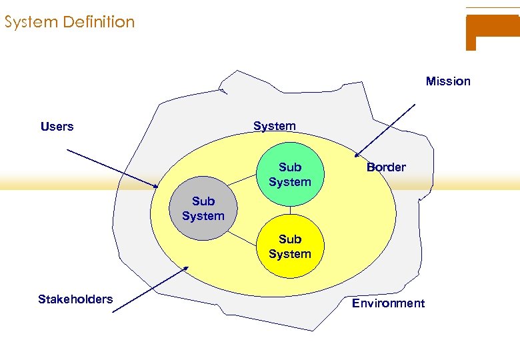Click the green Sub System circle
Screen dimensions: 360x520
tap(290, 174)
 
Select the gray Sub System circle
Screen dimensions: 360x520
tap(203, 209)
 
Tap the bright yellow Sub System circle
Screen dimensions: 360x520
tap(290, 246)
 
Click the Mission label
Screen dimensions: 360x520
tap(448, 81)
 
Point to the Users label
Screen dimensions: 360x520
tap(57, 127)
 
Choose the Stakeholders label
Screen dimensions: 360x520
tap(75, 299)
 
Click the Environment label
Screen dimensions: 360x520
tap(388, 303)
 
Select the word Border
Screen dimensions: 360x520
tap(386, 167)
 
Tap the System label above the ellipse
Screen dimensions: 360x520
tap(274, 126)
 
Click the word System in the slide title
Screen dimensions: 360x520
tap(31, 22)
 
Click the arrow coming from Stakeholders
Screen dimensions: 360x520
tap(150, 290)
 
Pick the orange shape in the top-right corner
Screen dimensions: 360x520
tap(492, 29)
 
